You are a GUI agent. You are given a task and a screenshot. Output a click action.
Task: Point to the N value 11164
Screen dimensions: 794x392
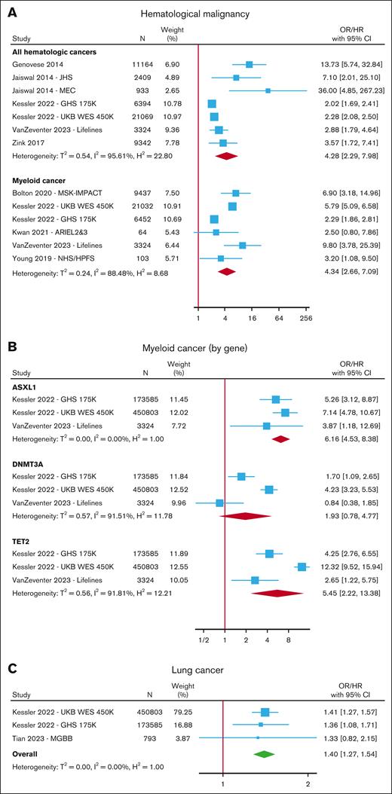click(x=141, y=66)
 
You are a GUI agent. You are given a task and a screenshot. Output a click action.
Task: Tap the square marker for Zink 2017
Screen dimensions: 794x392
click(x=223, y=142)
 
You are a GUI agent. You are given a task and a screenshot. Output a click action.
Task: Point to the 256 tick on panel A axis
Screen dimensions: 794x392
click(x=307, y=319)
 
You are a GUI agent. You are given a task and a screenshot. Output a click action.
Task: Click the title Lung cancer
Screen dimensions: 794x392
click(x=200, y=668)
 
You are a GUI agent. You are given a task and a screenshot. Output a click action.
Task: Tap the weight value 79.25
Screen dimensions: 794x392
click(x=179, y=712)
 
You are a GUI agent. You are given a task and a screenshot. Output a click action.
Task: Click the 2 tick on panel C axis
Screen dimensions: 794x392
click(x=308, y=785)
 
